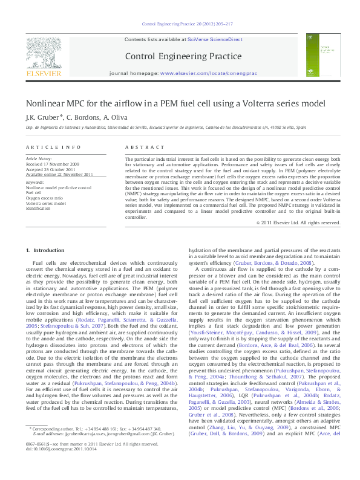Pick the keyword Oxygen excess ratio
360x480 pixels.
pyautogui.click(x=44, y=198)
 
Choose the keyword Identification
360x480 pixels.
pyautogui.click(x=38, y=209)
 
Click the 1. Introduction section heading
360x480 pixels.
pyautogui.click(x=45, y=250)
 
